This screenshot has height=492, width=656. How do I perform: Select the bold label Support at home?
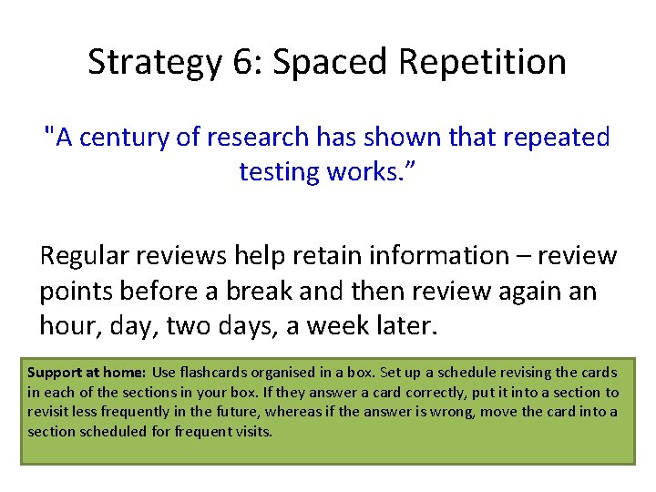click(x=87, y=373)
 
